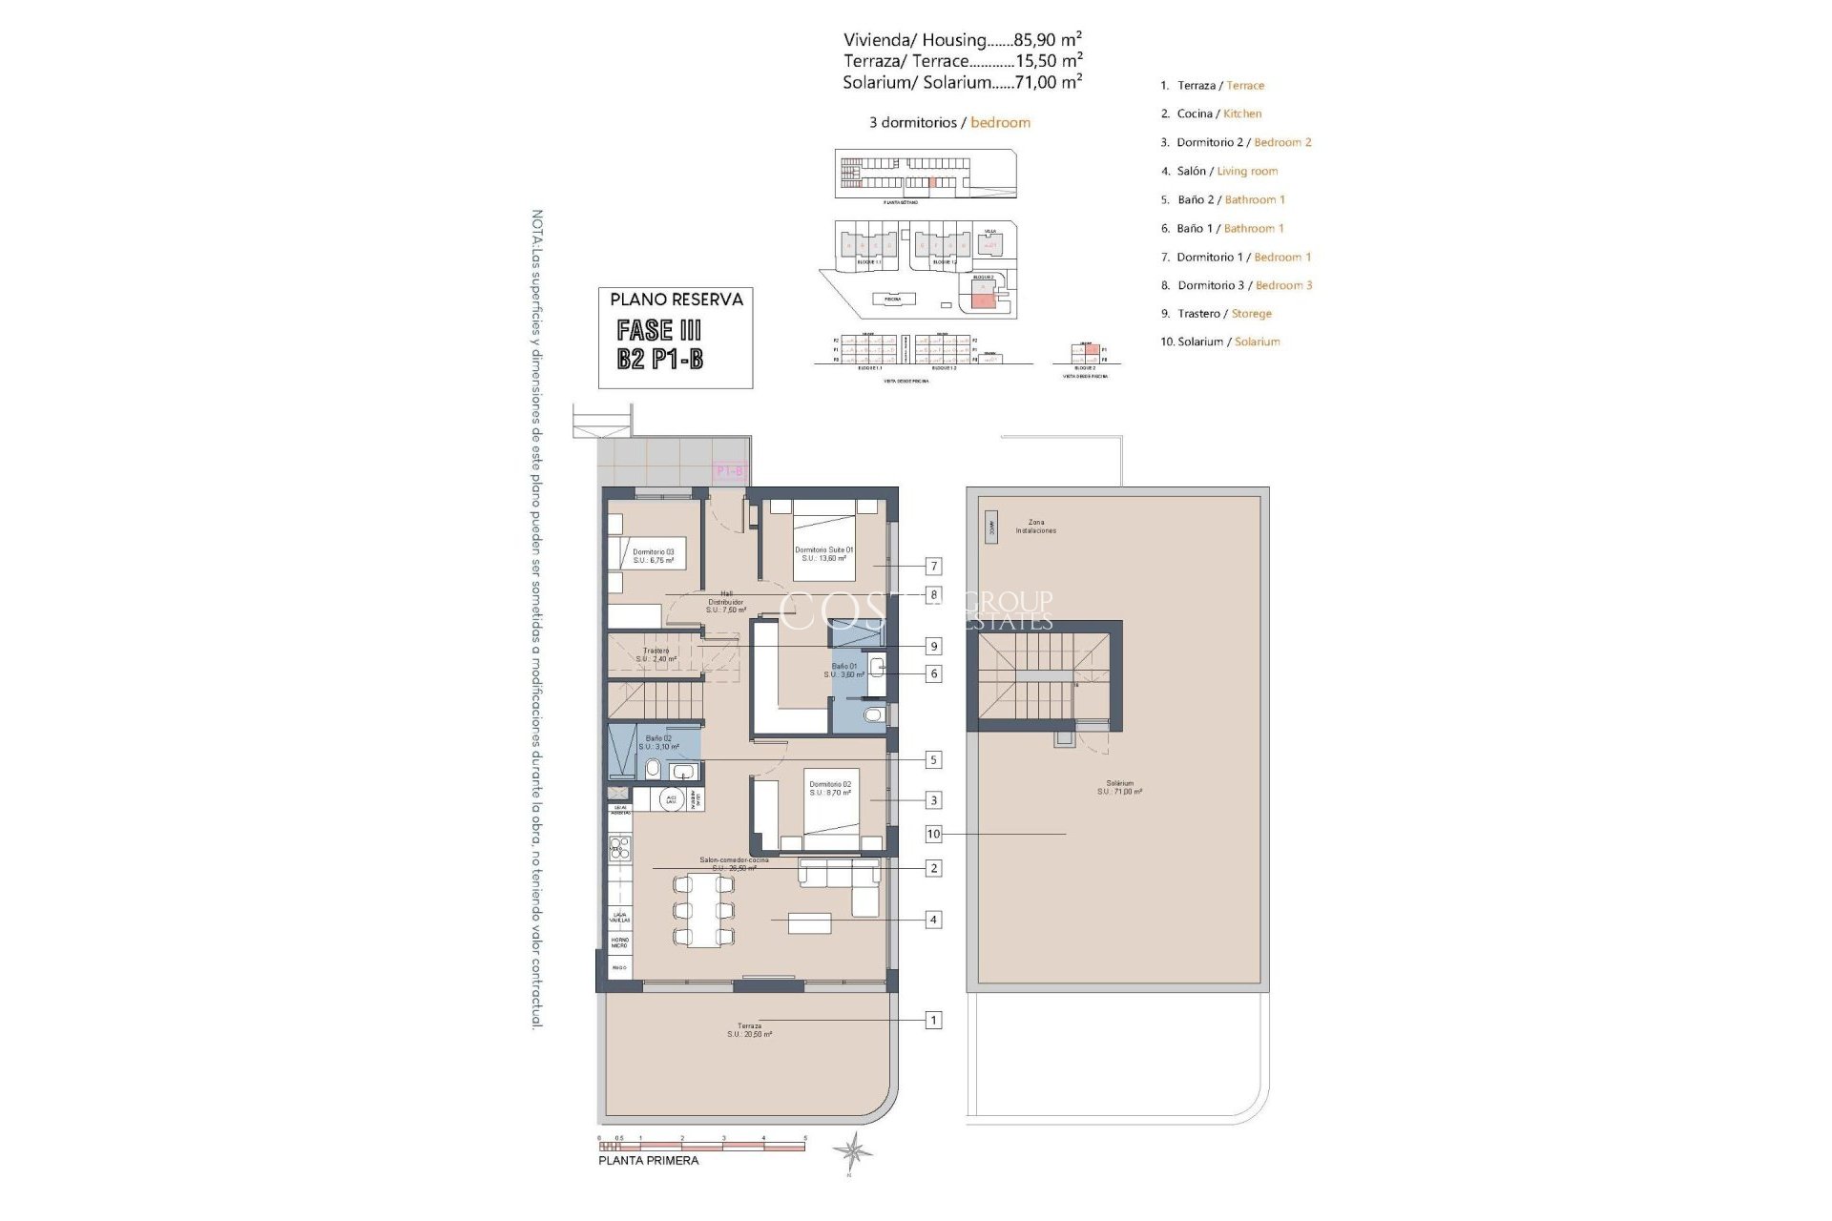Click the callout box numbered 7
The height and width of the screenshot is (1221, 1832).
(934, 567)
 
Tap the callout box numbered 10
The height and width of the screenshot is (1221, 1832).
(933, 834)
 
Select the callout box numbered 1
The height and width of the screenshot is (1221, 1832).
(933, 1020)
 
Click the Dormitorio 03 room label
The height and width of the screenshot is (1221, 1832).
(653, 555)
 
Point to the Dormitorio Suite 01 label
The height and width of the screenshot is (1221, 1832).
(823, 553)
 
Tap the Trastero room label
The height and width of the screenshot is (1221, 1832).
(656, 654)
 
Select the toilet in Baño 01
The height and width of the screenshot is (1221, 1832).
(872, 715)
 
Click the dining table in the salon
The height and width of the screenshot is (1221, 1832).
(704, 911)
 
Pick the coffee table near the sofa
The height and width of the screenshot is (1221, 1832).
(809, 923)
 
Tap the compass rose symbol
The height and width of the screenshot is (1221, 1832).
(851, 1152)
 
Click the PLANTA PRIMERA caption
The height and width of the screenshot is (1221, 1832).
(648, 1161)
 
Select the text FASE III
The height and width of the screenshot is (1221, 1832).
(659, 330)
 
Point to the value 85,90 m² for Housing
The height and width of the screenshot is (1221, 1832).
(1047, 40)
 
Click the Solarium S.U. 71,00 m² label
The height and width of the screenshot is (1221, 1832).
(1119, 787)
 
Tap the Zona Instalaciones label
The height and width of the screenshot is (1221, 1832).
(1035, 527)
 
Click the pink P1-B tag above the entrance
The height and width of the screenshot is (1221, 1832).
(729, 470)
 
